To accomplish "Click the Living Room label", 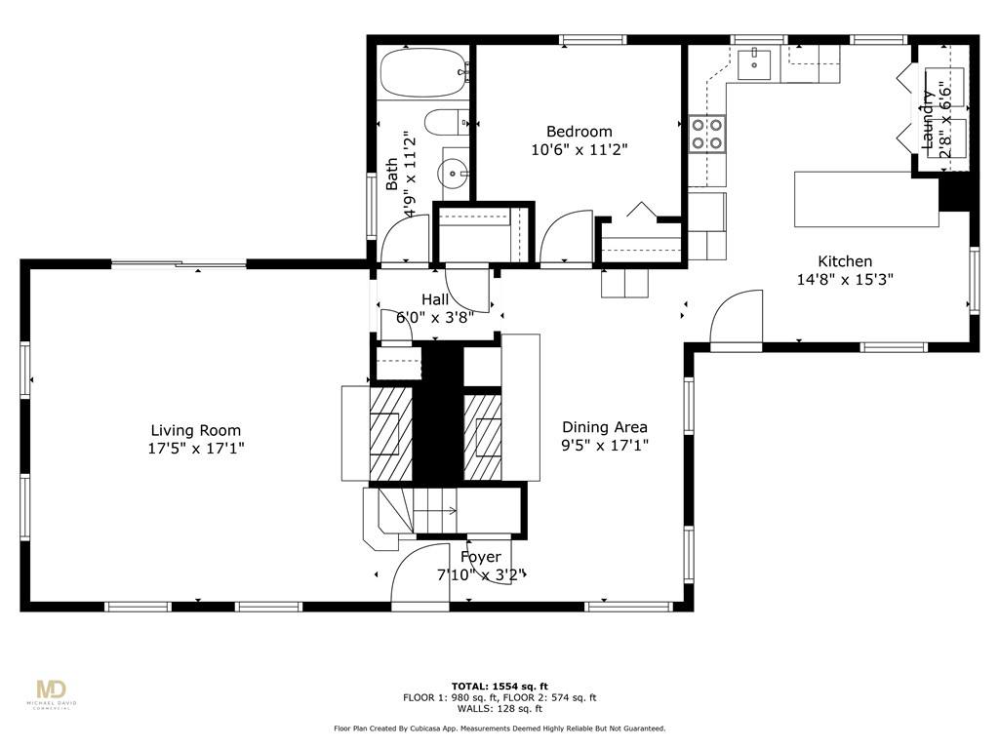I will [195, 430].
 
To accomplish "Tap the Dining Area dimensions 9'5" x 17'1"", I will [605, 446].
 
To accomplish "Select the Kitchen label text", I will [844, 261].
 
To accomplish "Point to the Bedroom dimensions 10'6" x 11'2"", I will [579, 150].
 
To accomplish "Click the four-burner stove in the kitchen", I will [707, 134].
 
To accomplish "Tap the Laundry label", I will [928, 120].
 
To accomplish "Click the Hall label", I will [435, 299].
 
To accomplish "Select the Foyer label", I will [481, 557].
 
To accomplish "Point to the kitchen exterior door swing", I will [737, 318].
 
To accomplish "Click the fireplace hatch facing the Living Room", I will [390, 432].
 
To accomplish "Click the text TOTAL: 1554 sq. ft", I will [499, 686].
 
